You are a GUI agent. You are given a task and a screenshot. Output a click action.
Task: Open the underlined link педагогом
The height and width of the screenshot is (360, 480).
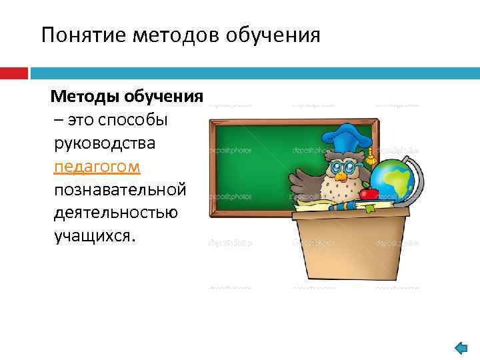point(97,167)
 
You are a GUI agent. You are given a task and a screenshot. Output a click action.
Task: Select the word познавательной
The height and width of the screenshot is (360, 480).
point(120,190)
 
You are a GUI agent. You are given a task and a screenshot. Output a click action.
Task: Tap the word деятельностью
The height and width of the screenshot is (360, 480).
point(116,213)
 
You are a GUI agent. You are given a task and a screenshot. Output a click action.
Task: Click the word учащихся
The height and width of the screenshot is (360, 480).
point(95,237)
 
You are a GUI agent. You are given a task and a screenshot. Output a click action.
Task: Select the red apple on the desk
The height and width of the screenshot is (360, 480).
point(369,193)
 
